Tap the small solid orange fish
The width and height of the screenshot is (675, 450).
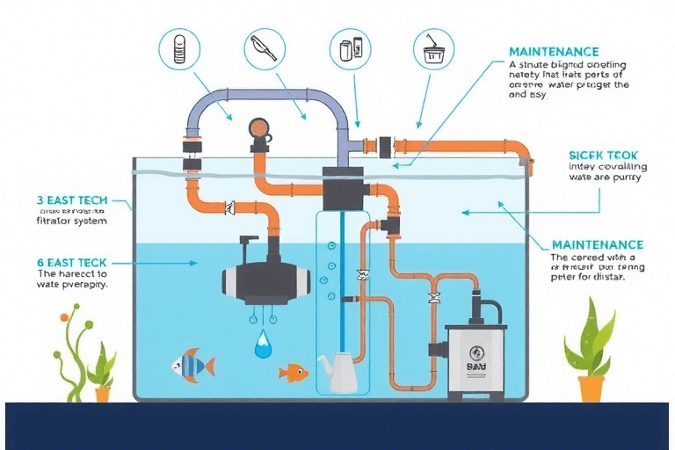click(293, 373)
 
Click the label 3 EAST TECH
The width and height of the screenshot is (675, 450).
click(72, 200)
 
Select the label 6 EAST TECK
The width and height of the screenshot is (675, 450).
click(72, 262)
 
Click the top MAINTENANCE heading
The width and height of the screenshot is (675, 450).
click(554, 52)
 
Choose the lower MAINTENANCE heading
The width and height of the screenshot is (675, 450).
click(597, 244)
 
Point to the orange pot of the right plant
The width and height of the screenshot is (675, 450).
click(591, 388)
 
